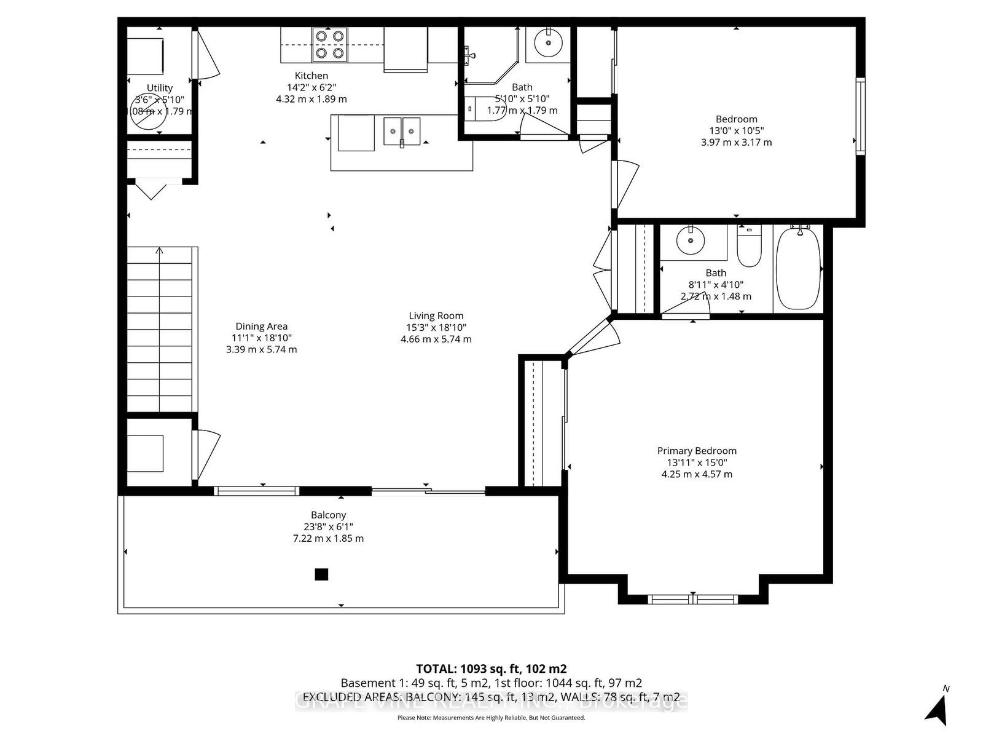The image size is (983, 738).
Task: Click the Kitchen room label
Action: pos(311,76)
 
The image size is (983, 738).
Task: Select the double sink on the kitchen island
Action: pos(402,132)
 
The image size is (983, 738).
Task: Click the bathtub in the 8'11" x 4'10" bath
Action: pos(798,269)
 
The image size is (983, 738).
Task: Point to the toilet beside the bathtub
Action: pos(749,247)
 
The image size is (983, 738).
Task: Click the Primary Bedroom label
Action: pos(697,451)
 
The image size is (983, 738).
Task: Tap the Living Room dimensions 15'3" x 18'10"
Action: pos(436,328)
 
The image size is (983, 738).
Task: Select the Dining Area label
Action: pos(261,327)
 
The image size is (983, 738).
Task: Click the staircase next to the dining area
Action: pos(162,329)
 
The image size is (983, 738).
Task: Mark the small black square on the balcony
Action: pos(321,574)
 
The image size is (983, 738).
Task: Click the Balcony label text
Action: pos(328,515)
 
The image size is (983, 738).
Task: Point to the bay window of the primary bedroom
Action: pos(693,598)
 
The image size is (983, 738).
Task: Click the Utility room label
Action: pos(160,88)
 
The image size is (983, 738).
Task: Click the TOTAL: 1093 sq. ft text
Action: pos(491,669)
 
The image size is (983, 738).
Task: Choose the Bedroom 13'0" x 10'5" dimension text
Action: pos(736,130)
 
